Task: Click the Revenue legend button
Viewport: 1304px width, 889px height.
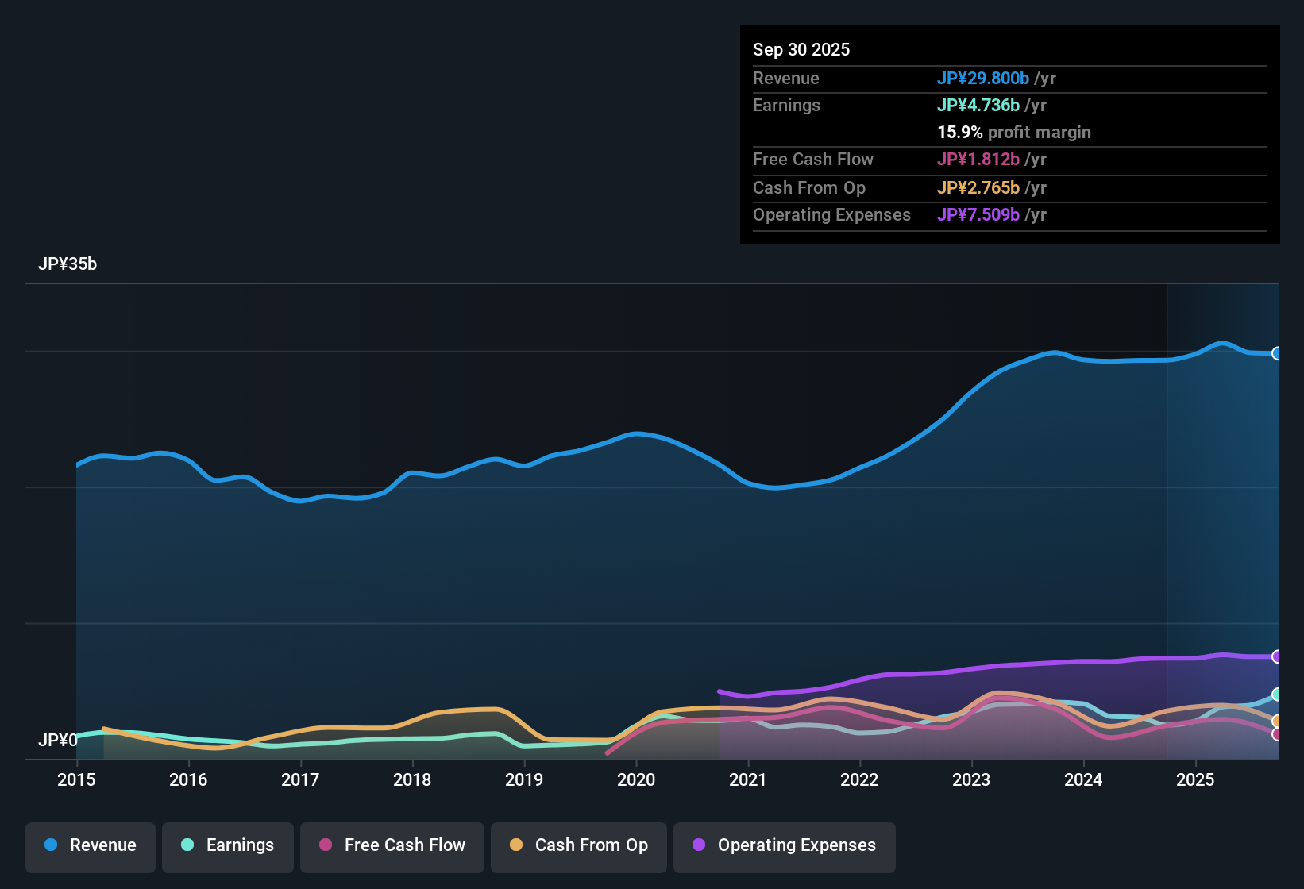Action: (91, 845)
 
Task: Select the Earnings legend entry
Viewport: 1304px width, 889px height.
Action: (228, 845)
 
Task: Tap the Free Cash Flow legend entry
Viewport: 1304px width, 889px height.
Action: (392, 845)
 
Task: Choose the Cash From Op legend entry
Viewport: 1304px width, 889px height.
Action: (579, 845)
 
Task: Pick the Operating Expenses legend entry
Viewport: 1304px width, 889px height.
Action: (785, 845)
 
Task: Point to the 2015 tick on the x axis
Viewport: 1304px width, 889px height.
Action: (76, 779)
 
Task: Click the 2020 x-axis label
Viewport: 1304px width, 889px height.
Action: (636, 779)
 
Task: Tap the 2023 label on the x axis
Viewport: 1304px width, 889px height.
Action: (971, 779)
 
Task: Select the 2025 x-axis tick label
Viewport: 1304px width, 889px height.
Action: (1195, 779)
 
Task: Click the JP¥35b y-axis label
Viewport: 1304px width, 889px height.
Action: (68, 264)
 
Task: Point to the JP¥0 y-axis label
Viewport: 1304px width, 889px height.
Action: (58, 741)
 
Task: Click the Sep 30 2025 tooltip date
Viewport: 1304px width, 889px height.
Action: (801, 50)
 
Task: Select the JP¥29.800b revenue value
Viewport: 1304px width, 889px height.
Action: (983, 79)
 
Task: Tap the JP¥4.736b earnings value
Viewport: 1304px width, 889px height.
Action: (978, 106)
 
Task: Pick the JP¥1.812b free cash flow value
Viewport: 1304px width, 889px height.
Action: (978, 160)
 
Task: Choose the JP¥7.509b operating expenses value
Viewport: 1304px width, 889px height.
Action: (978, 215)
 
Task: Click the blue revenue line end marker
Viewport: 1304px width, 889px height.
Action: (1277, 354)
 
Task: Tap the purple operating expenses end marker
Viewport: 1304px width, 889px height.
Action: (1277, 656)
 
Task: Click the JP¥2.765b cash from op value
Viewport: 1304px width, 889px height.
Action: (978, 188)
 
